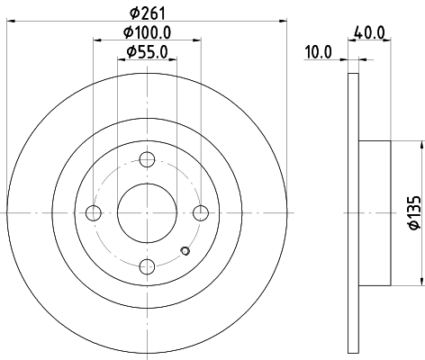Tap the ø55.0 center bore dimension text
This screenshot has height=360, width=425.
click(146, 52)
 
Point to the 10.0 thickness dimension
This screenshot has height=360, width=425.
click(319, 52)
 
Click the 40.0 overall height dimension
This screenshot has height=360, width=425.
click(370, 31)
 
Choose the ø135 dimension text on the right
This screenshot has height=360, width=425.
click(413, 212)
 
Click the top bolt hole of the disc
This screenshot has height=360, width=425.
click(147, 159)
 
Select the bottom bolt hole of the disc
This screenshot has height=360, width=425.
click(147, 265)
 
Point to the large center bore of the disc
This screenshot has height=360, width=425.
click(147, 212)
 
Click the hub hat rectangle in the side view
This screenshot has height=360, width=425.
click(374, 212)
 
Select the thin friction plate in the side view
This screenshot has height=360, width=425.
click(352, 212)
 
